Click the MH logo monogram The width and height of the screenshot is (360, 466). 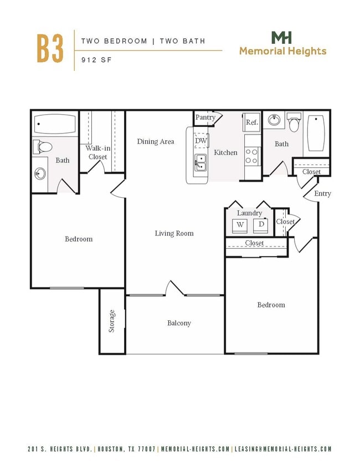(x=282, y=38)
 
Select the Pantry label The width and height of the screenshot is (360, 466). (x=205, y=117)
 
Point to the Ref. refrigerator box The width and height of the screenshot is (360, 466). (x=252, y=122)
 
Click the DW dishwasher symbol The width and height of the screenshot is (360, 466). (x=200, y=141)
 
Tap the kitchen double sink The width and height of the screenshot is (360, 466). (x=200, y=162)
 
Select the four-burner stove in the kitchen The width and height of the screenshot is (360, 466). (x=252, y=156)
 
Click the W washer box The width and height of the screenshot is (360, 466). (x=240, y=224)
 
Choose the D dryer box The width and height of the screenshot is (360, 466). (x=261, y=224)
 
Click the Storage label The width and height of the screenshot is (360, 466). (x=112, y=321)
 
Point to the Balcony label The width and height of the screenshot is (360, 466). (x=179, y=323)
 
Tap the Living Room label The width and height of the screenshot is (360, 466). (x=174, y=233)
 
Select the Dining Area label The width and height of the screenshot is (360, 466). (x=156, y=141)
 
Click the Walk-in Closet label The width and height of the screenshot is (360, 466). (x=96, y=152)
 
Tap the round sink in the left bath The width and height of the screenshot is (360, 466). (x=39, y=174)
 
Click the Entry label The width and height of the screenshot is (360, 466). (x=322, y=193)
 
